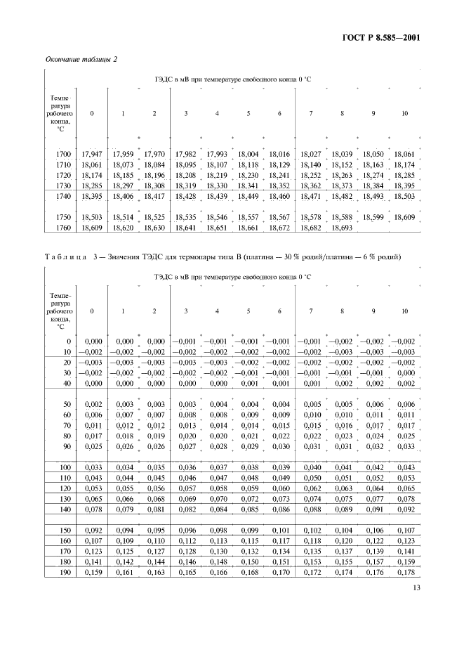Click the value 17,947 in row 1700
coord(92,153)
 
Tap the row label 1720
coord(62,174)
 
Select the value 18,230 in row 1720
coord(248,174)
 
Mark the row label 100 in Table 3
coord(65,467)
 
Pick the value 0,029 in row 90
coord(248,445)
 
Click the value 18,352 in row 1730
coord(279,185)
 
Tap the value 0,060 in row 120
coord(279,488)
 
